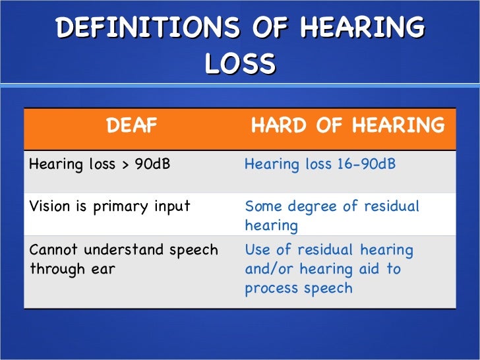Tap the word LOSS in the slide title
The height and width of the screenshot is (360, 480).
tap(239, 64)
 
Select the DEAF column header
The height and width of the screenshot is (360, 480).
tap(132, 126)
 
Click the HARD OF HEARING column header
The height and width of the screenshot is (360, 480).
tap(347, 126)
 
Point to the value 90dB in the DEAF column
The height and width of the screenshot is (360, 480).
tap(152, 164)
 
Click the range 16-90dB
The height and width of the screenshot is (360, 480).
tap(366, 164)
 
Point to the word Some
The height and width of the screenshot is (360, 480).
tap(262, 206)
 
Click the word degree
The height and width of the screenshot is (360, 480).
tap(313, 206)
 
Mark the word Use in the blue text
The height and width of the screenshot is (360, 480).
tap(257, 251)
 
